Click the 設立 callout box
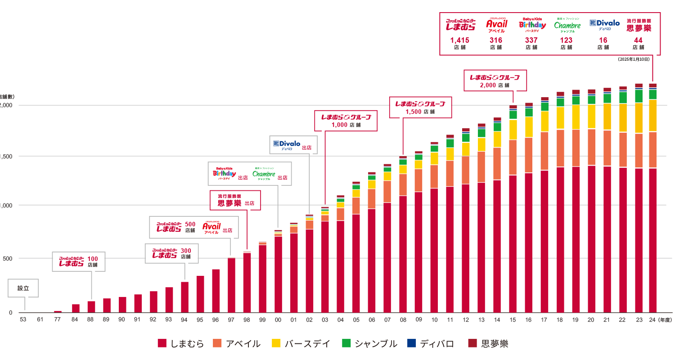23,288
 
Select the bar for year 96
216,291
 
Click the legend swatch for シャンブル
346,344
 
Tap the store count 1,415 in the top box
460,40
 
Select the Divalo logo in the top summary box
604,24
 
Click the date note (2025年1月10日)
634,59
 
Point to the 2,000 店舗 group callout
495,81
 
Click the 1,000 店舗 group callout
346,121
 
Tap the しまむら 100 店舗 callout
79,261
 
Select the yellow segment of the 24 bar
652,115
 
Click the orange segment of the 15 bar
513,157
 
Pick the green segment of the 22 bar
623,98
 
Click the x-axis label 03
325,319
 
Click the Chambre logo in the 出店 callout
264,174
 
